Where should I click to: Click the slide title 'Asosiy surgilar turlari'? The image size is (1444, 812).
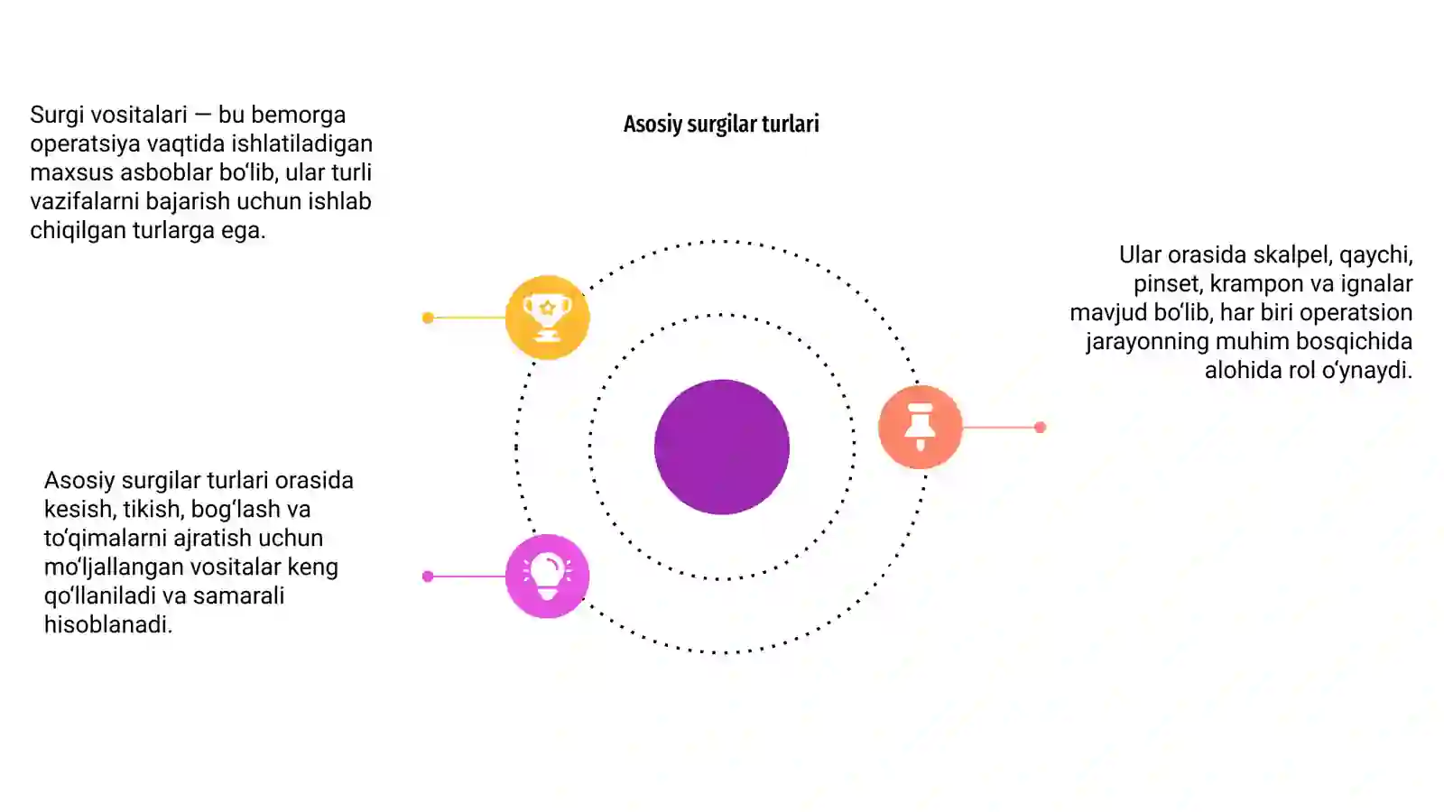pyautogui.click(x=721, y=125)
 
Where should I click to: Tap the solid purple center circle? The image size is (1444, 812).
pyautogui.click(x=722, y=447)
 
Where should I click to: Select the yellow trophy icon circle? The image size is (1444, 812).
pyautogui.click(x=547, y=317)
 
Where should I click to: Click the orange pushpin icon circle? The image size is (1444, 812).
pyautogui.click(x=921, y=427)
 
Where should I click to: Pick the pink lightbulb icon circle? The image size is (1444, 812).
pyautogui.click(x=547, y=577)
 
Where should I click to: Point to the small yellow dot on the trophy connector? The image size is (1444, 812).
pyautogui.click(x=428, y=317)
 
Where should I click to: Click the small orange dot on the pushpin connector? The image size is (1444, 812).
pyautogui.click(x=1040, y=427)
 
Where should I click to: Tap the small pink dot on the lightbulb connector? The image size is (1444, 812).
pyautogui.click(x=428, y=577)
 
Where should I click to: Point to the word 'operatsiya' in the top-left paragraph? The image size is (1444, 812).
pyautogui.click(x=84, y=143)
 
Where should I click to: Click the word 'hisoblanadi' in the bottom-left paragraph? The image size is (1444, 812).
pyautogui.click(x=107, y=624)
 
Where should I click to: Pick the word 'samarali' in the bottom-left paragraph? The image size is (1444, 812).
pyautogui.click(x=238, y=595)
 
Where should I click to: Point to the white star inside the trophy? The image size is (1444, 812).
pyautogui.click(x=547, y=308)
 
